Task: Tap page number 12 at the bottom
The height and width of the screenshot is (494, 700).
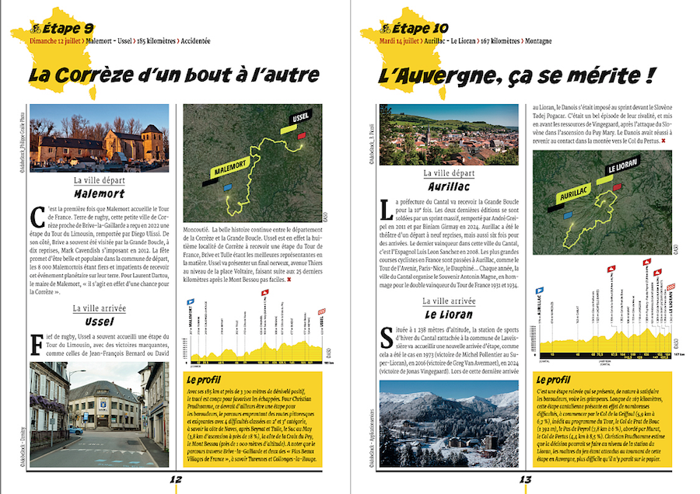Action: pyautogui.click(x=176, y=479)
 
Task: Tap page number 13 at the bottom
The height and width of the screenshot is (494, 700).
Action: pyautogui.click(x=526, y=479)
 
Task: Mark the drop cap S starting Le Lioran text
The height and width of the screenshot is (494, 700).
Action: pyautogui.click(x=386, y=336)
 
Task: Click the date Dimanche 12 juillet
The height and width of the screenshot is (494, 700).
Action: pyautogui.click(x=56, y=39)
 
